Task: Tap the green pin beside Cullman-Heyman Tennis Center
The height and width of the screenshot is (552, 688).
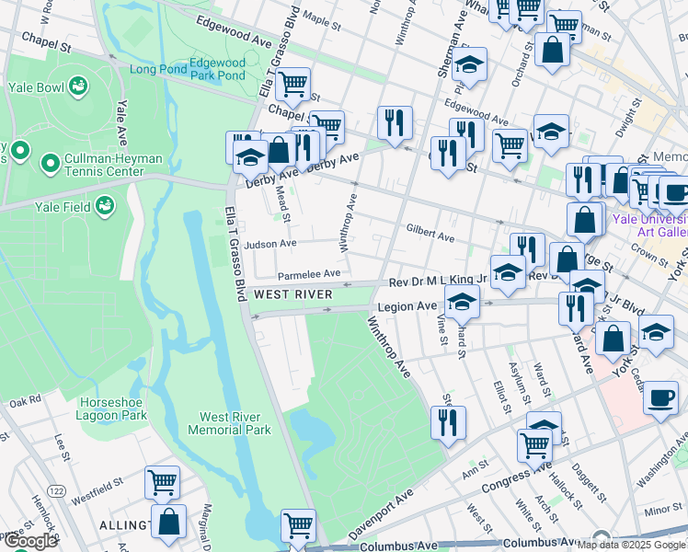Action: click(50, 165)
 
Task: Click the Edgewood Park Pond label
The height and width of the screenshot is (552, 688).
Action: click(217, 69)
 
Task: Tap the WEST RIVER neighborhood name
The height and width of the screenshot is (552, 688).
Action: click(292, 294)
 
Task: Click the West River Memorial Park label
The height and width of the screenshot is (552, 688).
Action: click(229, 423)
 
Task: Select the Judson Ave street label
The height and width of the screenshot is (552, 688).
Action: click(270, 245)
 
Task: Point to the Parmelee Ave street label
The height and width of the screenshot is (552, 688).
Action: click(310, 273)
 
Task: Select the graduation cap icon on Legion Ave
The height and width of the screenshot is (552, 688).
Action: click(463, 300)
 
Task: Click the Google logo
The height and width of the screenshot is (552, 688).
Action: click(30, 541)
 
